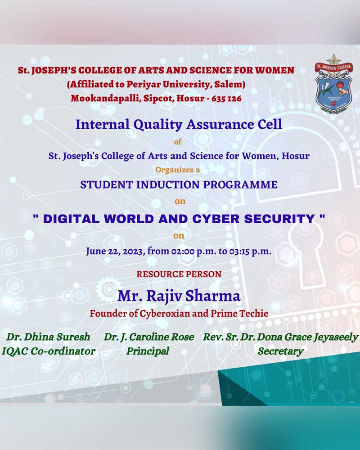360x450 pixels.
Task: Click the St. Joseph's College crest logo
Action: (333, 85)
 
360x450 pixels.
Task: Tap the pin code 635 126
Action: (226, 99)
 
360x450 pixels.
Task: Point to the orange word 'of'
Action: (178, 141)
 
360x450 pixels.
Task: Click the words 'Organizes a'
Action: (178, 170)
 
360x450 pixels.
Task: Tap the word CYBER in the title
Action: (216, 219)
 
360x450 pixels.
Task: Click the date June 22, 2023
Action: (115, 252)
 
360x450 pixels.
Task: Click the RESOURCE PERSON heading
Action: (179, 274)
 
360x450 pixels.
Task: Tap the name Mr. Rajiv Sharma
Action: (179, 296)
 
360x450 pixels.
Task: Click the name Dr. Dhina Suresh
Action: (48, 337)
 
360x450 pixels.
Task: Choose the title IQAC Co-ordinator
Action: (49, 351)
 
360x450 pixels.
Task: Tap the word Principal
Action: (148, 351)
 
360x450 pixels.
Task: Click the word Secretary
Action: (280, 351)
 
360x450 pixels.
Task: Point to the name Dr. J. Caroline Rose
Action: (149, 337)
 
